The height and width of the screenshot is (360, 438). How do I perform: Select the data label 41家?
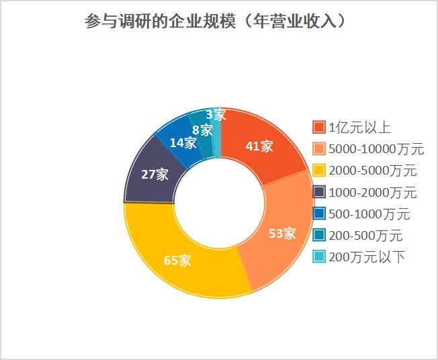click(260, 146)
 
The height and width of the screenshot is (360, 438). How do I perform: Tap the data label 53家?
click(282, 234)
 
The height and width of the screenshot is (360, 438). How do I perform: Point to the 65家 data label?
click(177, 261)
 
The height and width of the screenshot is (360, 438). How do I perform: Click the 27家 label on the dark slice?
click(155, 175)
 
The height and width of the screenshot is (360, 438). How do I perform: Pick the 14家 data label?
click(183, 142)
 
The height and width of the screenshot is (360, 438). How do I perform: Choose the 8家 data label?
click(202, 130)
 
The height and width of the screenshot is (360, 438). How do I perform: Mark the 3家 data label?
click(215, 114)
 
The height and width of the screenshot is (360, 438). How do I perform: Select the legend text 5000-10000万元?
click(376, 149)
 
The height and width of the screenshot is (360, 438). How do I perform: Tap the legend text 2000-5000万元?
click(372, 171)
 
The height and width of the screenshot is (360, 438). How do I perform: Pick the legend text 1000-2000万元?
click(372, 193)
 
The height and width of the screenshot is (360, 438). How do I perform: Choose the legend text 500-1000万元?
click(369, 214)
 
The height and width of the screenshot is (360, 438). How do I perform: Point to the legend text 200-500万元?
click(365, 236)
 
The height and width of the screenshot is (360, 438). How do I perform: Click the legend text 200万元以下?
click(366, 257)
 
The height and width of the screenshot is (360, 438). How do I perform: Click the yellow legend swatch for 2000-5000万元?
click(319, 171)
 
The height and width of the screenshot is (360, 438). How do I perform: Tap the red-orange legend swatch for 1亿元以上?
click(319, 128)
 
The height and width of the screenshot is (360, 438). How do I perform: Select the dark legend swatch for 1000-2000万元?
click(319, 193)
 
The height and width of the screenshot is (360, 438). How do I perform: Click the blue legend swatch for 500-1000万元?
click(319, 214)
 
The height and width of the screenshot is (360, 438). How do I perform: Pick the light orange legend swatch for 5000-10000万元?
click(319, 149)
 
